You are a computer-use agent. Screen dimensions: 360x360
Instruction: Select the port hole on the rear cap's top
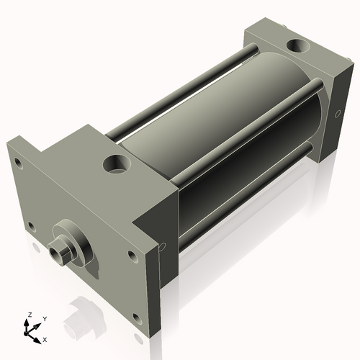297,48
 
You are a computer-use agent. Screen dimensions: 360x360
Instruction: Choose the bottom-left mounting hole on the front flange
30,227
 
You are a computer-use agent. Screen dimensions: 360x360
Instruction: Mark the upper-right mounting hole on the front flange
131,254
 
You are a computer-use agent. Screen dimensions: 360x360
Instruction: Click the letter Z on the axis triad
30,315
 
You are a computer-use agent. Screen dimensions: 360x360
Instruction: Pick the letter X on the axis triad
45,338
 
